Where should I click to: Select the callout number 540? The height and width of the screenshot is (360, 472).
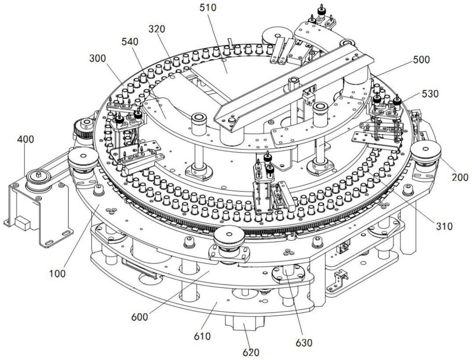(x=129, y=42)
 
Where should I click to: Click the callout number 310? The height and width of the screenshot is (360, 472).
(x=445, y=226)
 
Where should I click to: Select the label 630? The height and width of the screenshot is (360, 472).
(x=304, y=343)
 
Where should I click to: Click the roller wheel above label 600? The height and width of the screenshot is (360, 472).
(x=228, y=235)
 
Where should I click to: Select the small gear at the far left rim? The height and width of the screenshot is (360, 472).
(x=84, y=126)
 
